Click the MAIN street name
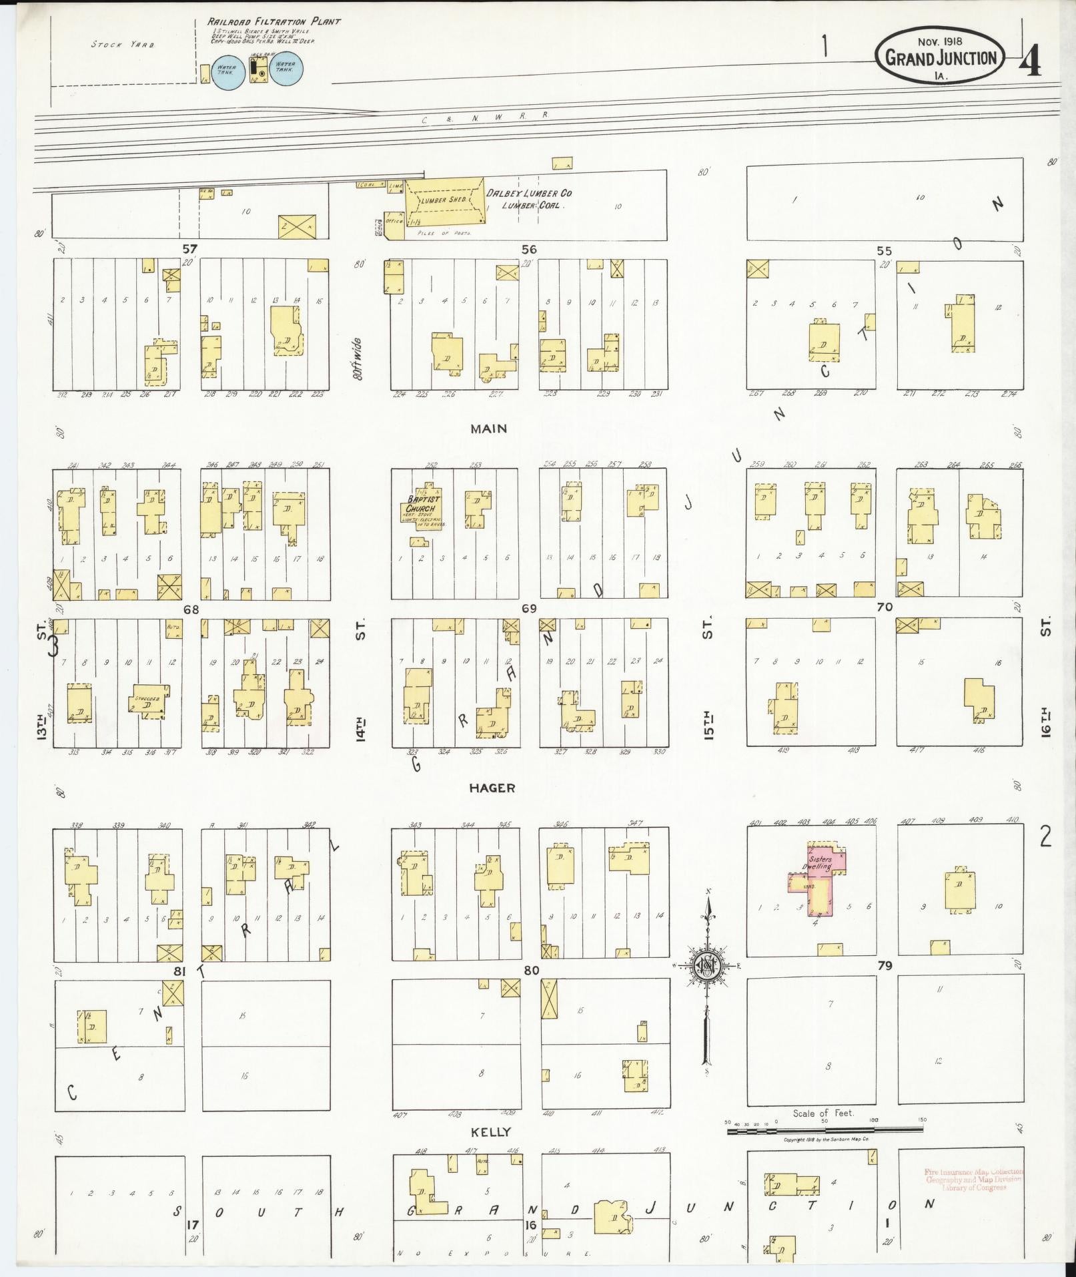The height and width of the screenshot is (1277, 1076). pyautogui.click(x=489, y=429)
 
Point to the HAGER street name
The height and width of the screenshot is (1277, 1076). pyautogui.click(x=492, y=788)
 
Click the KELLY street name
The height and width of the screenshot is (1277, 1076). pyautogui.click(x=491, y=1132)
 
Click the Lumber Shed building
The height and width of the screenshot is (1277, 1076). pyautogui.click(x=444, y=200)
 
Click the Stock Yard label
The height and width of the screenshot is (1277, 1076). pyautogui.click(x=123, y=45)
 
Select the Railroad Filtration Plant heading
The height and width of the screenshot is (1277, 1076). pyautogui.click(x=274, y=21)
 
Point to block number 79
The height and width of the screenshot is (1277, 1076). pyautogui.click(x=885, y=965)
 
